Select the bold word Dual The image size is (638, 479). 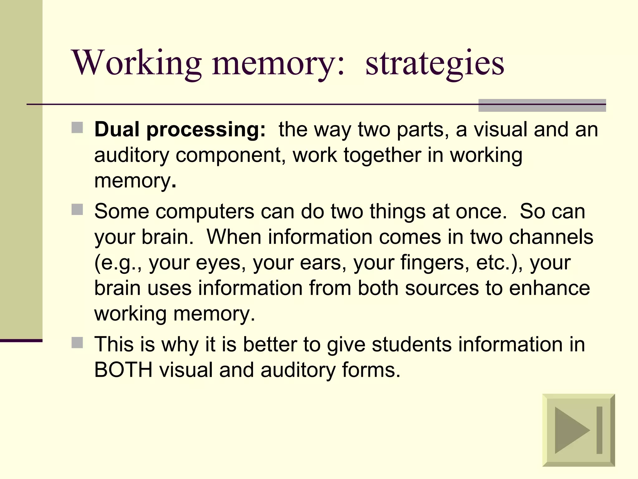[x=117, y=129]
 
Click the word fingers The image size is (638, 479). [x=435, y=263]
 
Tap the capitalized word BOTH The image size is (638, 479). [x=123, y=370]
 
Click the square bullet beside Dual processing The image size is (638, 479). [x=77, y=128]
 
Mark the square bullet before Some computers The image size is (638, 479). [x=77, y=210]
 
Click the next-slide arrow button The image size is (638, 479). [x=578, y=430]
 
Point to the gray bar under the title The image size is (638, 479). [x=542, y=105]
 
